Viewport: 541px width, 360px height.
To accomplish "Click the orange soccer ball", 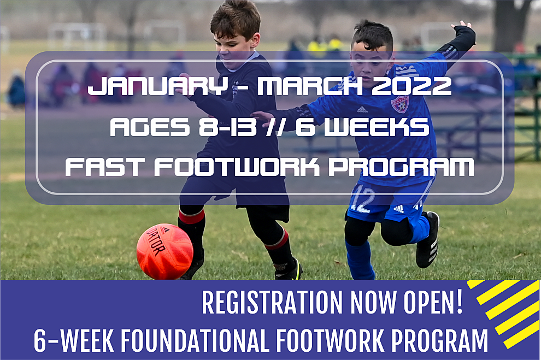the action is (164, 251).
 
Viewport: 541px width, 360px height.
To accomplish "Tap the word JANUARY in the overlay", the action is (158, 86).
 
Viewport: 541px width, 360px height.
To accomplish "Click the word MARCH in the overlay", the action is (310, 86).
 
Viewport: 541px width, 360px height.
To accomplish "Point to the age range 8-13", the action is (228, 127).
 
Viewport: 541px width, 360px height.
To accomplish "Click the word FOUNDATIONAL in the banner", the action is (195, 340).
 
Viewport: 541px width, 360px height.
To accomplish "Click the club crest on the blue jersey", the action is (399, 104).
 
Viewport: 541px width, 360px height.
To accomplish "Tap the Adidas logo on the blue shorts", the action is (399, 209).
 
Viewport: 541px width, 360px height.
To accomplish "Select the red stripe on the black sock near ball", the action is (191, 217).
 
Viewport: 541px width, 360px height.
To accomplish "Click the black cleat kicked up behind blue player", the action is (428, 240).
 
